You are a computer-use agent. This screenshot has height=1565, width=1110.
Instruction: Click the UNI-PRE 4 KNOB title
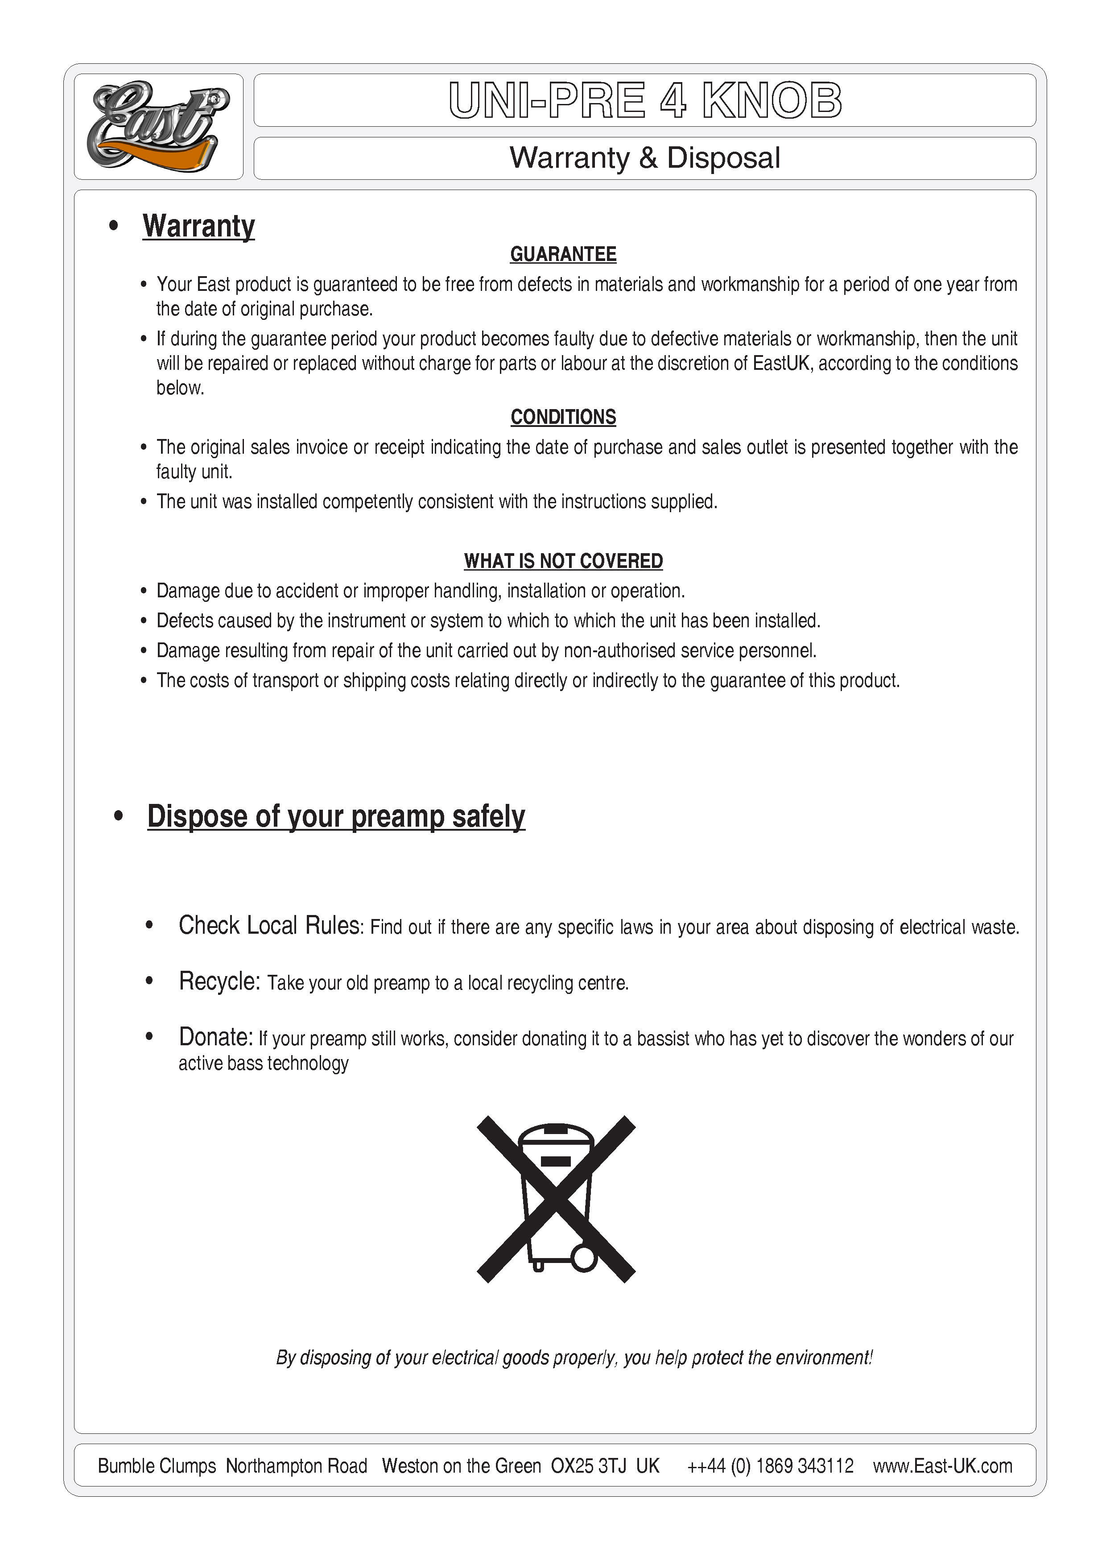[644, 100]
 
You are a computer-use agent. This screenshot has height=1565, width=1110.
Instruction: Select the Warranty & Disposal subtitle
[644, 158]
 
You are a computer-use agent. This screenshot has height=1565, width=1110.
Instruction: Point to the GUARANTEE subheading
[563, 254]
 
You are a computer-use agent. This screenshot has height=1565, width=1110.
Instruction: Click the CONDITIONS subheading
[563, 417]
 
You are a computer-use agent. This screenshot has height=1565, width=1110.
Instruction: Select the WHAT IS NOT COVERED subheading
[563, 561]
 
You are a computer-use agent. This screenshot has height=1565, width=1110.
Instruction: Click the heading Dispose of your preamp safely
[336, 817]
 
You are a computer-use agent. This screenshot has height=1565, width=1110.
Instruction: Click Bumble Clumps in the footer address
[157, 1466]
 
